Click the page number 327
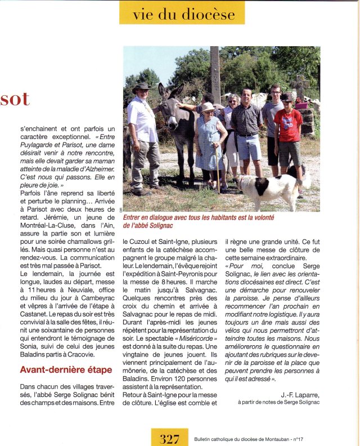pos(169,438)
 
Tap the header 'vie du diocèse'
pos(182,14)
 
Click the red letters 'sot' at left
pos(15,100)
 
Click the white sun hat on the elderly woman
pos(208,106)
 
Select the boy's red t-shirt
pos(287,125)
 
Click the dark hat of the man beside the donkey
pos(141,87)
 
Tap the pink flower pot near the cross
pos(302,105)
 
